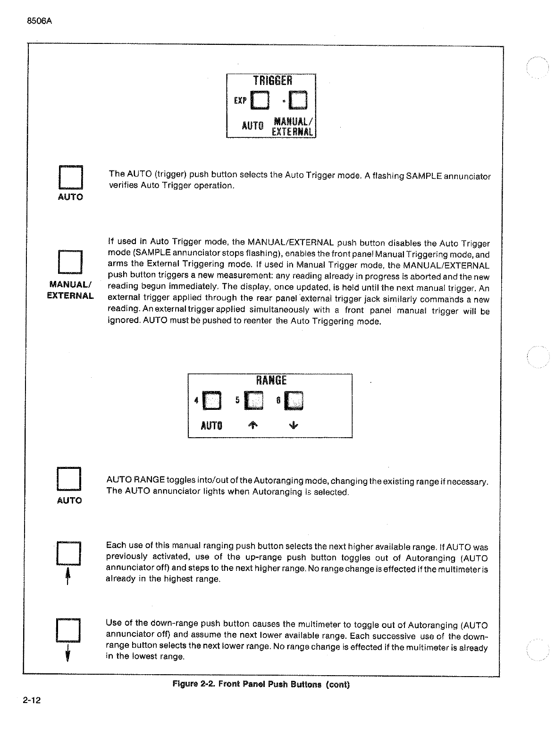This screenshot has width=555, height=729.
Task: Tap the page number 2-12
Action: (32, 700)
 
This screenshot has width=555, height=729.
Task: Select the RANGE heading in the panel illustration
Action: (271, 381)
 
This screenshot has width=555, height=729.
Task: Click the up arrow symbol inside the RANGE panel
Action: (253, 425)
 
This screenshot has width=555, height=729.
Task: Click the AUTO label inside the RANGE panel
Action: (211, 425)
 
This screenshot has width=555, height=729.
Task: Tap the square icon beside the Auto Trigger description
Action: (70, 178)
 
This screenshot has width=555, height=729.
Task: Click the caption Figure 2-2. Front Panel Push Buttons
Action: (261, 684)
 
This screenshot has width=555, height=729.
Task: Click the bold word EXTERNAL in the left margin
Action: (70, 296)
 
